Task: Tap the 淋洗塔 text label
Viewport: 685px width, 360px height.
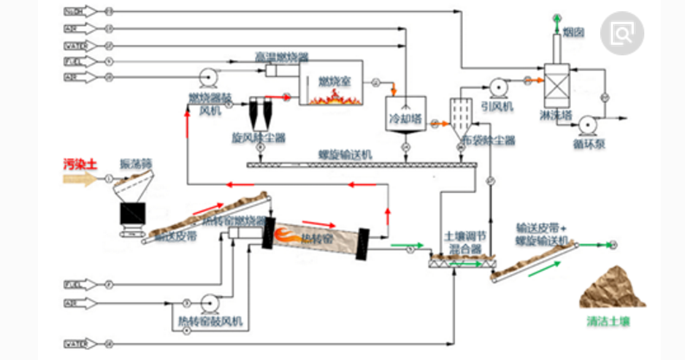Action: pyautogui.click(x=554, y=114)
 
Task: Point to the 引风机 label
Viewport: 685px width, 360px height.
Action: pyautogui.click(x=499, y=106)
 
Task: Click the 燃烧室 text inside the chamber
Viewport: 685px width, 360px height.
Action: pyautogui.click(x=332, y=81)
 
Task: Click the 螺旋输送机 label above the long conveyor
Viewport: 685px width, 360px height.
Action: pyautogui.click(x=344, y=154)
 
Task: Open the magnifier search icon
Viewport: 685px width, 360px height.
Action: pyautogui.click(x=624, y=33)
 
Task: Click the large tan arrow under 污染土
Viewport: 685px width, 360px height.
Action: pyautogui.click(x=81, y=179)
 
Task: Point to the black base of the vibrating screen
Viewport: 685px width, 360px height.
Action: pyautogui.click(x=132, y=213)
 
